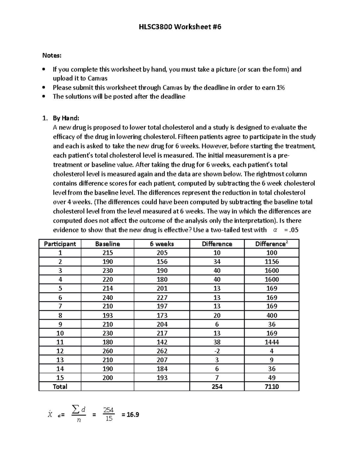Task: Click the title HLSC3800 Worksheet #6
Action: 180,27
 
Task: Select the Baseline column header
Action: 107,244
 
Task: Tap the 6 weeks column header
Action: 162,244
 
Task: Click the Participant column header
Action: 60,244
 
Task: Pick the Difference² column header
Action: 271,244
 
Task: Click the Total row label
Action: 60,386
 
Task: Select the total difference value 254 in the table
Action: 217,386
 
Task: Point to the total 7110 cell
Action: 271,386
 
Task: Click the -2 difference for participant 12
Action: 217,351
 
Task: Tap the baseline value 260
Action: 107,351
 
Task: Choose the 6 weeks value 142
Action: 162,342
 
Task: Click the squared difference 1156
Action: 271,262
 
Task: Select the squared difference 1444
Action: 271,342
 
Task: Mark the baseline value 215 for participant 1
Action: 107,253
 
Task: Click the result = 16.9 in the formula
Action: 130,415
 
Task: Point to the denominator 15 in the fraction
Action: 109,419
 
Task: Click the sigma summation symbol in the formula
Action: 76,409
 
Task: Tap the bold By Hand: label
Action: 66,118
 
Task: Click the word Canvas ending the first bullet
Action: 97,78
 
